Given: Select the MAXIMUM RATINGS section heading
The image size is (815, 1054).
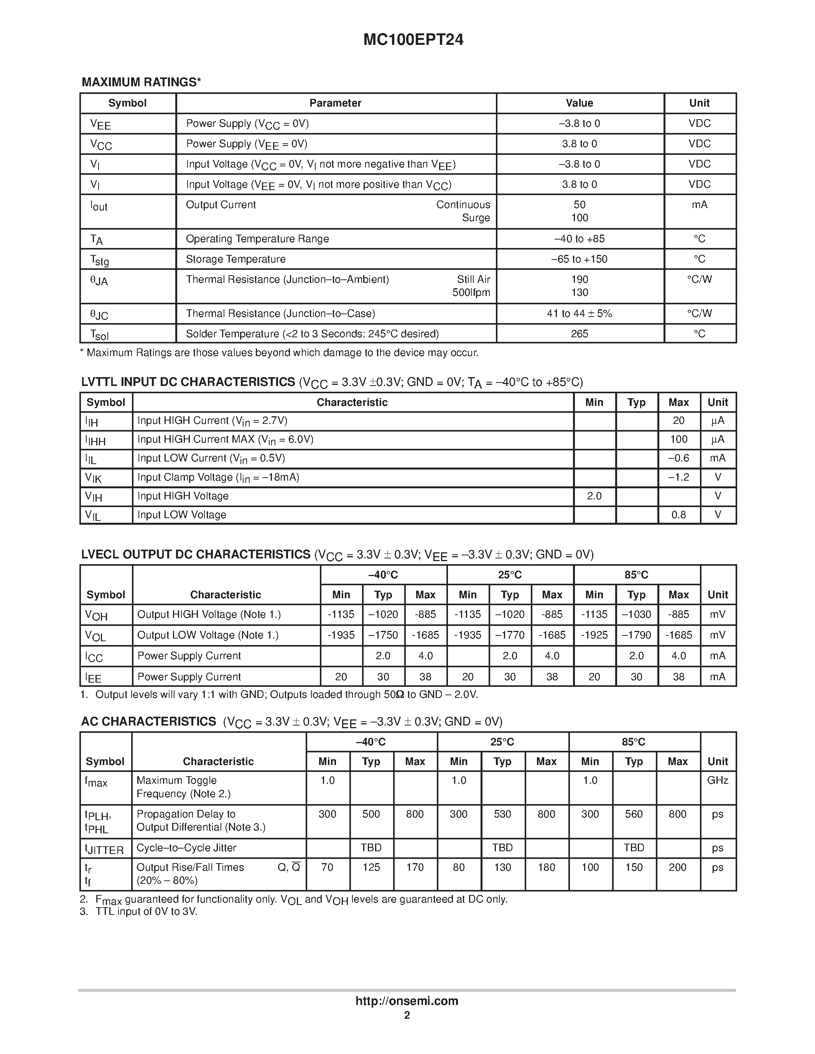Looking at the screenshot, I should [x=141, y=82].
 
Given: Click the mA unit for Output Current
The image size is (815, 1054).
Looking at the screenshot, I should [x=699, y=205].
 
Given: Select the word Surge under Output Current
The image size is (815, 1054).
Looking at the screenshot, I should [x=476, y=218].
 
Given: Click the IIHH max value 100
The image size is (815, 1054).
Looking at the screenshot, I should [x=678, y=439].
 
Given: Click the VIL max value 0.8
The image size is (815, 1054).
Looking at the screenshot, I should [x=678, y=515].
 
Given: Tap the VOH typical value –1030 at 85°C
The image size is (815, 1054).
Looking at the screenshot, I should [x=636, y=614].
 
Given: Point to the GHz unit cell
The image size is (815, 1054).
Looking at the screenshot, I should [x=718, y=780].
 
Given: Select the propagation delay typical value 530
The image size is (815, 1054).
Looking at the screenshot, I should [x=502, y=814].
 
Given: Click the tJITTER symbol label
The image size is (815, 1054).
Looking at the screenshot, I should [x=104, y=849].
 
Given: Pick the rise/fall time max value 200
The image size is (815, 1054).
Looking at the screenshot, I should [x=677, y=867].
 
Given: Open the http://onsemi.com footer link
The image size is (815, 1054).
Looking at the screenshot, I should [x=407, y=1001].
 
